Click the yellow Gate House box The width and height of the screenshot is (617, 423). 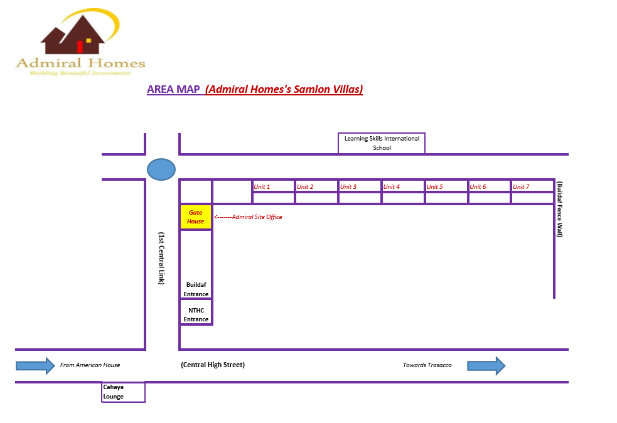click(x=196, y=217)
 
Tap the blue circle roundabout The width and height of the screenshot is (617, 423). click(x=161, y=169)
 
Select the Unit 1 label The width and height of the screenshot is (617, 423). click(x=262, y=187)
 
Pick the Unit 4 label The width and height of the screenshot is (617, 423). click(x=392, y=187)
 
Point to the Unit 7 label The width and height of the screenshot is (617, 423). click(x=522, y=187)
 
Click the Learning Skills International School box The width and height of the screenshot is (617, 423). click(x=382, y=143)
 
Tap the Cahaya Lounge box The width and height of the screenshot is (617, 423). click(x=123, y=392)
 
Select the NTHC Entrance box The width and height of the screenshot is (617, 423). click(x=196, y=314)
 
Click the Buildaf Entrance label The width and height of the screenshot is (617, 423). click(x=196, y=289)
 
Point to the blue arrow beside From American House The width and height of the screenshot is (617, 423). click(x=35, y=365)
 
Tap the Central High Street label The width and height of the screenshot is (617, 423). click(x=213, y=365)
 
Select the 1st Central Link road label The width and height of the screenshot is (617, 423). click(x=161, y=258)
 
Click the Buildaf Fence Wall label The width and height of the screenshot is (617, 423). click(x=560, y=209)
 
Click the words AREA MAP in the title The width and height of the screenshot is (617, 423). click(x=173, y=89)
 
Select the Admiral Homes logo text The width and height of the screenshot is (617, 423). click(x=80, y=63)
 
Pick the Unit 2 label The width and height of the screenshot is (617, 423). click(x=305, y=187)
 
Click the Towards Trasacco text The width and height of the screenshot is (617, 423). click(x=427, y=365)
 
